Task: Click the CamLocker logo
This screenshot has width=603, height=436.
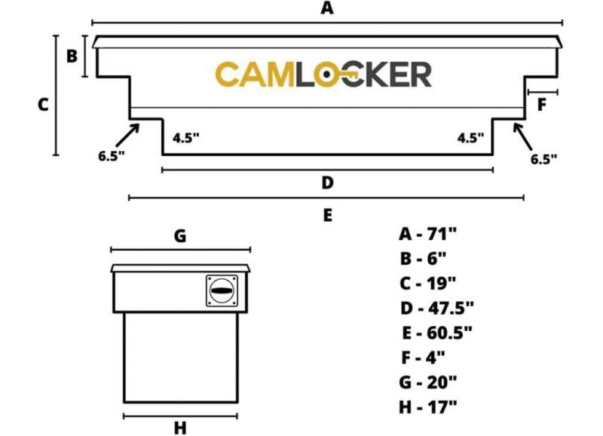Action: pyautogui.click(x=323, y=74)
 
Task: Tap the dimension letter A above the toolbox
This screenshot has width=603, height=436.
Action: pyautogui.click(x=327, y=8)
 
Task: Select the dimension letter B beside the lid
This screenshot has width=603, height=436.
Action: pyautogui.click(x=72, y=56)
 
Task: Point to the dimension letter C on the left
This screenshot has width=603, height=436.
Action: pyautogui.click(x=43, y=105)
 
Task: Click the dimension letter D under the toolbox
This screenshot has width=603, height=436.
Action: pyautogui.click(x=327, y=183)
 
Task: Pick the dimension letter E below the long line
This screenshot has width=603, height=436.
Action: pyautogui.click(x=327, y=215)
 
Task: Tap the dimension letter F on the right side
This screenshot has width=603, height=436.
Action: pyautogui.click(x=541, y=105)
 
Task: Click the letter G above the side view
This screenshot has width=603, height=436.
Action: pyautogui.click(x=180, y=235)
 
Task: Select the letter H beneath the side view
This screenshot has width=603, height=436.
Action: pyautogui.click(x=180, y=428)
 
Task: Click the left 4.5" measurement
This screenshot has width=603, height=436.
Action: pyautogui.click(x=186, y=138)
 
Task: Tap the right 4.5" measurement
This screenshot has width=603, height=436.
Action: pyautogui.click(x=470, y=138)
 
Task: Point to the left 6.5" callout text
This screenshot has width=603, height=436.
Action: pyautogui.click(x=112, y=156)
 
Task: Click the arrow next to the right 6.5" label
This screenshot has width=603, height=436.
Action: pyautogui.click(x=522, y=137)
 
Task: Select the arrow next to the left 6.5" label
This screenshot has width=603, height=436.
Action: pyautogui.click(x=127, y=135)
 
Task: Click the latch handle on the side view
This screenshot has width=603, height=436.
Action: pyautogui.click(x=222, y=290)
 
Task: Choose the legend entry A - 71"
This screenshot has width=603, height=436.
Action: pyautogui.click(x=427, y=234)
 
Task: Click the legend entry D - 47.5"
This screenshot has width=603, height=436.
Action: pyautogui.click(x=437, y=308)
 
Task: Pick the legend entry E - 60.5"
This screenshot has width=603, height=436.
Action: pyautogui.click(x=437, y=333)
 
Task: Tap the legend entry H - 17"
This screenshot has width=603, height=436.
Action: pyautogui.click(x=428, y=407)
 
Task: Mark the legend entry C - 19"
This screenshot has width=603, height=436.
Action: pyautogui.click(x=427, y=283)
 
